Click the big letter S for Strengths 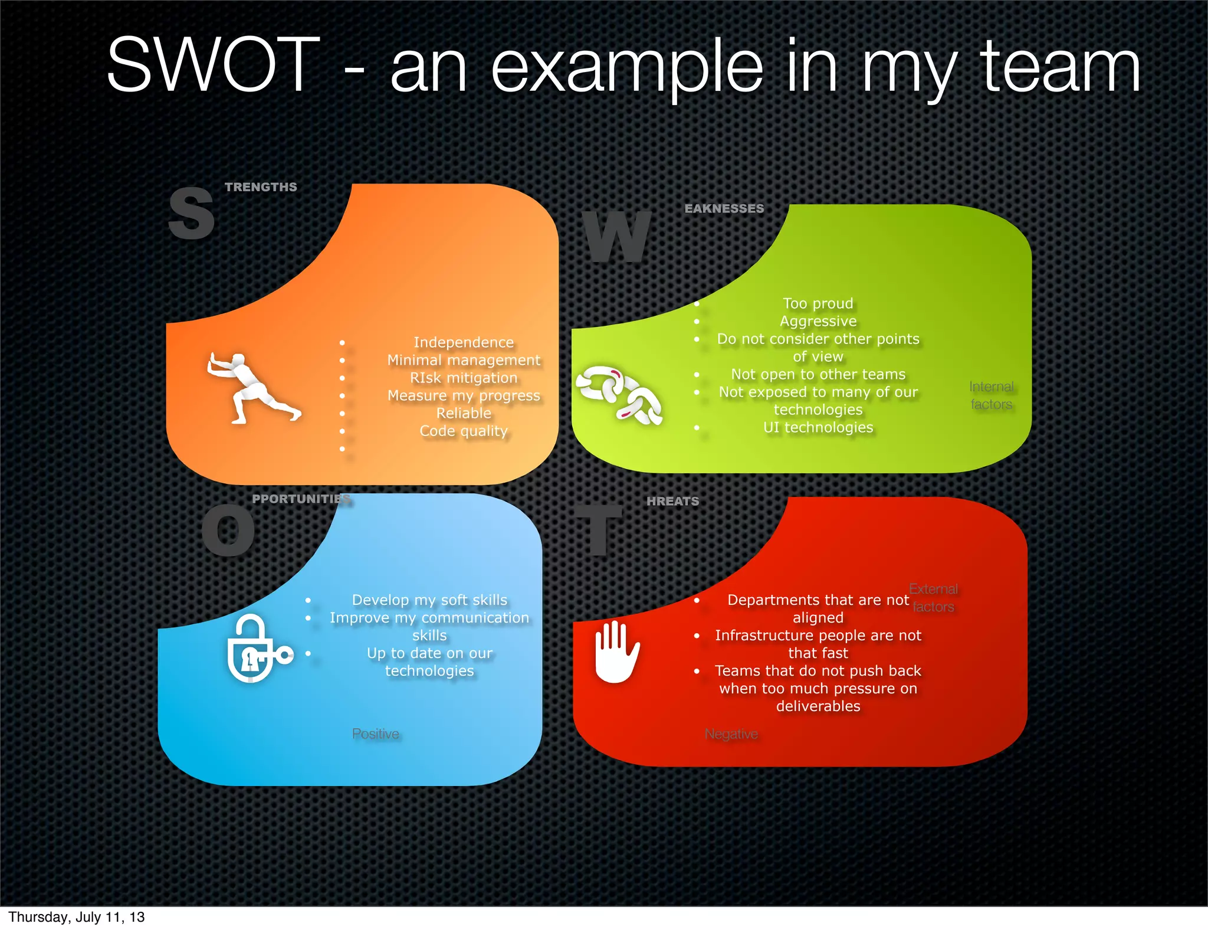click(191, 213)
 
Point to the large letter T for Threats click(599, 529)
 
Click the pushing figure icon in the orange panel click(252, 388)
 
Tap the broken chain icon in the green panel click(619, 395)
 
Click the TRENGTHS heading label click(261, 187)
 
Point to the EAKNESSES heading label click(724, 209)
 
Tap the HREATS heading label click(672, 502)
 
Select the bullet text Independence click(464, 342)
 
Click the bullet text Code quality click(464, 431)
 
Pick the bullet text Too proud click(818, 303)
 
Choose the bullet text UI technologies click(818, 427)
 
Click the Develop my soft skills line click(429, 600)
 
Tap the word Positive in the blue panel click(376, 734)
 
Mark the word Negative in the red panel click(731, 734)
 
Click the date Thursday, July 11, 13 click(77, 917)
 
